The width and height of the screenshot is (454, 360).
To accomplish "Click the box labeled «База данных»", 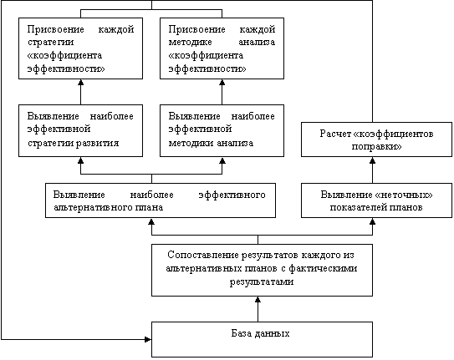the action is coord(262,339).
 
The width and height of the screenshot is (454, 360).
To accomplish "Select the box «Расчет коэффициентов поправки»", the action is coord(376,139).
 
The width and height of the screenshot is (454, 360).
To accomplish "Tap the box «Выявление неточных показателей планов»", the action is coord(376,200).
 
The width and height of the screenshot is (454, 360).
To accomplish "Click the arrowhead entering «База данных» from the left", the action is coord(148,339).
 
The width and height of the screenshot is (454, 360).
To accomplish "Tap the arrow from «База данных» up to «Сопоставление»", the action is coord(258,309).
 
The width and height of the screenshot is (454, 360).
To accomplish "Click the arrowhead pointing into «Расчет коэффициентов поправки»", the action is coord(372,160).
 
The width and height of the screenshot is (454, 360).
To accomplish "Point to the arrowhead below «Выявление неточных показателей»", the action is coord(372,221).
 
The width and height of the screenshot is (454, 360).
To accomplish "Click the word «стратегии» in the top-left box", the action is coord(51,43).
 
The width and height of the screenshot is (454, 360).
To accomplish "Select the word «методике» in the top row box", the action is coord(191,43).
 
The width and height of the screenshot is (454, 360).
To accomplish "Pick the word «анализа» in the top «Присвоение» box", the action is coord(257,43).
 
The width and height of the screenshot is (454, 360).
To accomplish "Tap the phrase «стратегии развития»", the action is coord(74,143).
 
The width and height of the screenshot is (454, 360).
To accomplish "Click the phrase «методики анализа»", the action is coord(211,143).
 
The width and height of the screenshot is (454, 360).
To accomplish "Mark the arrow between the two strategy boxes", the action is coord(81,92).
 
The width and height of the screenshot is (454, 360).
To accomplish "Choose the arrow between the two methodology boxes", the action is coord(222,92).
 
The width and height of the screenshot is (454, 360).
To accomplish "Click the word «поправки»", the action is coord(377,147).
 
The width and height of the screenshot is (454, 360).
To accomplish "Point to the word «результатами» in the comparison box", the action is coord(262,281).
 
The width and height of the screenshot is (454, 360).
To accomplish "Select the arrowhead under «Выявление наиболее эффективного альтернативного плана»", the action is coord(151,221).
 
